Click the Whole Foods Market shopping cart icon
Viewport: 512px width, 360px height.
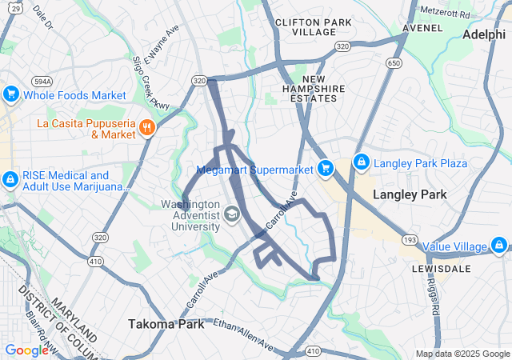click(x=10, y=95)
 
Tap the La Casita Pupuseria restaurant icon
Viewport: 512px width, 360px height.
click(x=146, y=128)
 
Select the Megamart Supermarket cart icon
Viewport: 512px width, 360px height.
click(x=325, y=169)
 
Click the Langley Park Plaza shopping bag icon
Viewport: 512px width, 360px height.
click(x=361, y=163)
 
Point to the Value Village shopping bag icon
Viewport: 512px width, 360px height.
click(x=501, y=246)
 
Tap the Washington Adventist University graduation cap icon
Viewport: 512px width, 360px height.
click(x=231, y=214)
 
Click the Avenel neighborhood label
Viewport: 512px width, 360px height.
click(x=422, y=27)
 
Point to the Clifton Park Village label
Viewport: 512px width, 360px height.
click(x=306, y=26)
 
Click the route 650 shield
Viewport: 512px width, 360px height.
click(x=394, y=62)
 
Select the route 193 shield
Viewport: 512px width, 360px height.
click(x=410, y=240)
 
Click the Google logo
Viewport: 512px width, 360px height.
click(x=27, y=350)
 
